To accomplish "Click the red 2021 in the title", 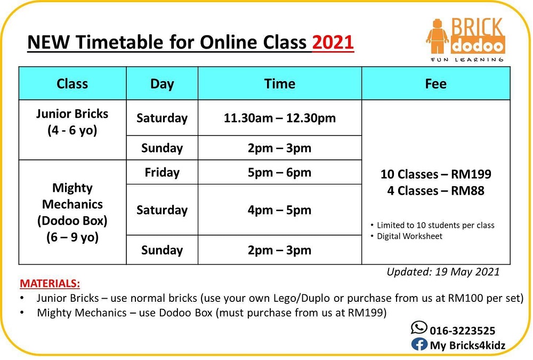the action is click(x=333, y=42).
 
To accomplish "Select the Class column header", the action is click(x=72, y=84).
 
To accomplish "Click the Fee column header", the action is click(x=436, y=84).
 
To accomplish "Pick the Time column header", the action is click(x=280, y=84).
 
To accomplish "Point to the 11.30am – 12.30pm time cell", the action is click(x=280, y=118).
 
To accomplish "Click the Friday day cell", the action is click(x=162, y=172).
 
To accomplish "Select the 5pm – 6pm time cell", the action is click(x=279, y=172).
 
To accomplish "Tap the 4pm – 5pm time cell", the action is click(x=279, y=210).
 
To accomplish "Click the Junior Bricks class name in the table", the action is click(x=72, y=114).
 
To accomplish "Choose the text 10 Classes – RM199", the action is click(x=436, y=174).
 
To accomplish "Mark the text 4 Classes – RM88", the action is click(x=436, y=190).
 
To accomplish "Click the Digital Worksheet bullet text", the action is click(x=409, y=236).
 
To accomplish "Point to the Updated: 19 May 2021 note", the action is click(x=443, y=272).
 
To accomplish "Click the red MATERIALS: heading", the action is click(x=50, y=283).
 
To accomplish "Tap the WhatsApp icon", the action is click(x=419, y=328).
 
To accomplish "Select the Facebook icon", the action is click(x=419, y=345).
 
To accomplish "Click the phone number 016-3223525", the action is click(x=463, y=331).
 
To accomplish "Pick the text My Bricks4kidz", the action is click(x=468, y=346).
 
